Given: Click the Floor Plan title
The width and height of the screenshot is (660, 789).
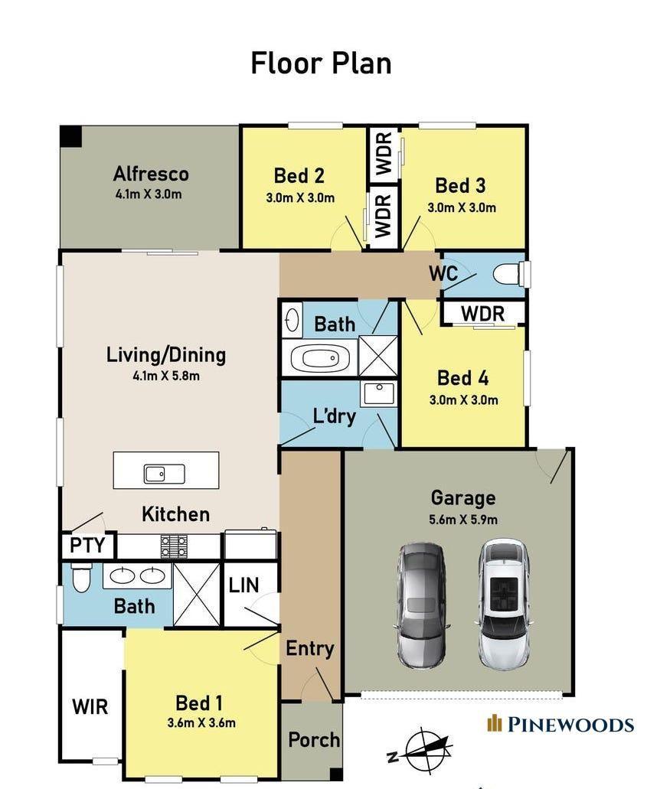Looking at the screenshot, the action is (321, 64).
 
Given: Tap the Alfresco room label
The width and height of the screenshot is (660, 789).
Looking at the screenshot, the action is (151, 174).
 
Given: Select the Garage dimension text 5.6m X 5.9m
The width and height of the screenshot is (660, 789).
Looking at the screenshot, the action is (463, 520).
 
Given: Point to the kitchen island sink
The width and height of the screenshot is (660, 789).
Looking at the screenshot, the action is (164, 474).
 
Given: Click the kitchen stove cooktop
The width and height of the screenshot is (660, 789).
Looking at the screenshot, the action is (174, 546).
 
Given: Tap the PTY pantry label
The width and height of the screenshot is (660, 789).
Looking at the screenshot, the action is (87, 545).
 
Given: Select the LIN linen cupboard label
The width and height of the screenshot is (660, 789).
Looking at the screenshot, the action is (243, 585).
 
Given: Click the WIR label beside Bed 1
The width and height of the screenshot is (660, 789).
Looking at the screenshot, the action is (90, 706).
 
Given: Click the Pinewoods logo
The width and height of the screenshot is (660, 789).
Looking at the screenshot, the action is (560, 724).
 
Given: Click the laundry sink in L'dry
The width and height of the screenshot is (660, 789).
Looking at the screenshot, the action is (379, 394).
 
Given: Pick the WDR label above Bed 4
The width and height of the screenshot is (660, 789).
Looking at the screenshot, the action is (482, 314).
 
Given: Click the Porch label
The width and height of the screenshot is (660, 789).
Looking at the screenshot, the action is (314, 740).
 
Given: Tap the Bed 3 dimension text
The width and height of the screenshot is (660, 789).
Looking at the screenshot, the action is (462, 207).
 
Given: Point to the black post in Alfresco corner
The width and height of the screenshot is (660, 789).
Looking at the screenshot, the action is (71, 136).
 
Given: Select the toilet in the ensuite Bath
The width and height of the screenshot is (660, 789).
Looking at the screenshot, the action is (80, 578).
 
